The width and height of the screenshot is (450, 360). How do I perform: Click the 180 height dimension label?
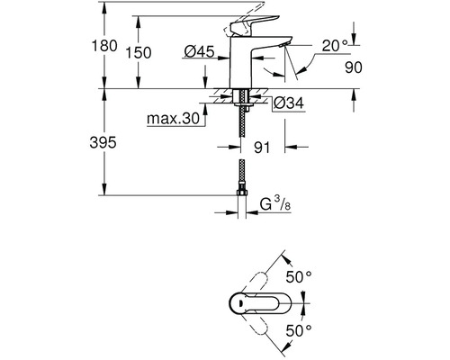(104, 46)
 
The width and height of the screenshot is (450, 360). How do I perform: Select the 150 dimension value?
(139, 53)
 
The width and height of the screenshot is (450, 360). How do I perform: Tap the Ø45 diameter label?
(200, 51)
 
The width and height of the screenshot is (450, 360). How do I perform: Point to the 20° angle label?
(335, 45)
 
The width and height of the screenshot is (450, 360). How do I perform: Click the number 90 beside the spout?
(354, 67)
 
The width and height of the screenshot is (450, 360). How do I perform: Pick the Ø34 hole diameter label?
(289, 103)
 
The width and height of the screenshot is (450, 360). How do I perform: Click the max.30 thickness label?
(173, 119)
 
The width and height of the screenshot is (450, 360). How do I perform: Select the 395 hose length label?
(103, 142)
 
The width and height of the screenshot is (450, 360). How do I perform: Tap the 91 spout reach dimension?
(262, 148)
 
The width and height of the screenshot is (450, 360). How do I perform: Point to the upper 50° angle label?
(299, 276)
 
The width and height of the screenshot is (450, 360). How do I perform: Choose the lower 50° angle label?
(299, 330)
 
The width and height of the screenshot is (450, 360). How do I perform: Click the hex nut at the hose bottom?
(241, 192)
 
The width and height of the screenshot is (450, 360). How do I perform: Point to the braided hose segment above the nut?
(241, 175)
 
